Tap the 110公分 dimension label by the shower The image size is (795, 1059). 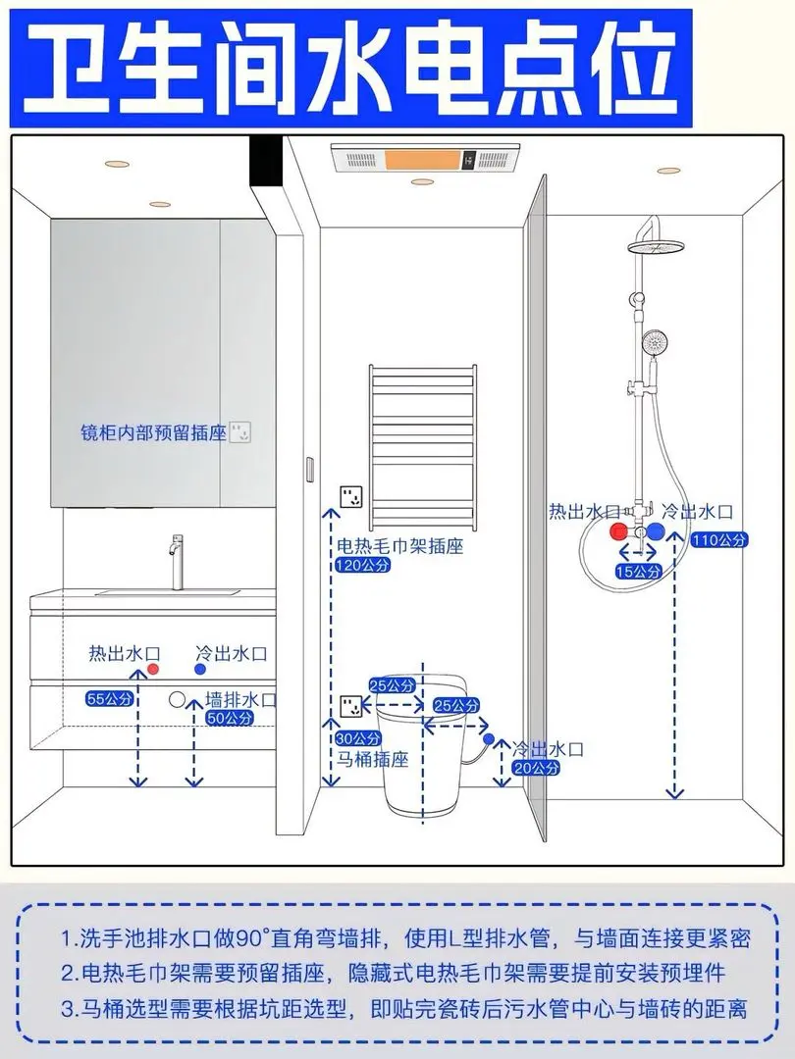click(x=719, y=539)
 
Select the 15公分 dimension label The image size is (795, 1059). click(x=639, y=571)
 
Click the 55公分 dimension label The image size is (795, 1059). click(x=109, y=699)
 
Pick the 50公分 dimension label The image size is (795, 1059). click(x=229, y=718)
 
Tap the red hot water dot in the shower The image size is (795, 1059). click(x=618, y=531)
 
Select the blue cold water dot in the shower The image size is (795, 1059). click(x=657, y=531)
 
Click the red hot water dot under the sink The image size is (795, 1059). click(x=152, y=669)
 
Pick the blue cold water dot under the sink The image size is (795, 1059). click(x=200, y=669)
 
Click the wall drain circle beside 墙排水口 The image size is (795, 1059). click(x=178, y=700)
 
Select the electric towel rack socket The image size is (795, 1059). click(x=348, y=496)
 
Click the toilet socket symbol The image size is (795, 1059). click(x=349, y=705)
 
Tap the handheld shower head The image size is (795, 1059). click(x=652, y=344)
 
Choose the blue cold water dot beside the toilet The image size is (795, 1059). click(x=488, y=737)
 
